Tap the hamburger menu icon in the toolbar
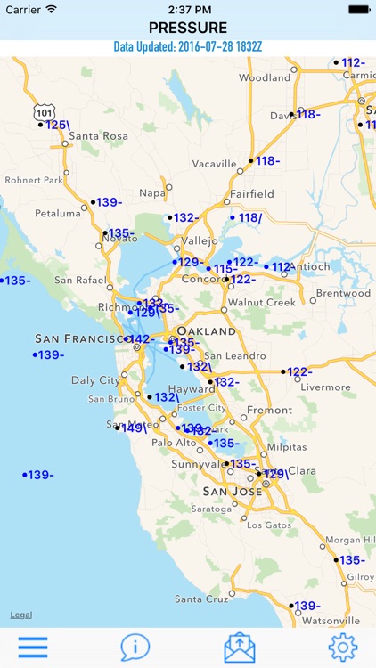33,647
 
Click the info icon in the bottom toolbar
135,647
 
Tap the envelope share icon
239,647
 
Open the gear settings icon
343,647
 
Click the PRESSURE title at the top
188,28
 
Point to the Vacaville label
215,164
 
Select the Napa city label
152,192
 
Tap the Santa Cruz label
201,599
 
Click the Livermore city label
326,387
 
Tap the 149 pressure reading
134,428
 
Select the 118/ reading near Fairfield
249,218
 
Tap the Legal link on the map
21,615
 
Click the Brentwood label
343,293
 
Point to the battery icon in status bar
358,9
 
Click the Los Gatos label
268,525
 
